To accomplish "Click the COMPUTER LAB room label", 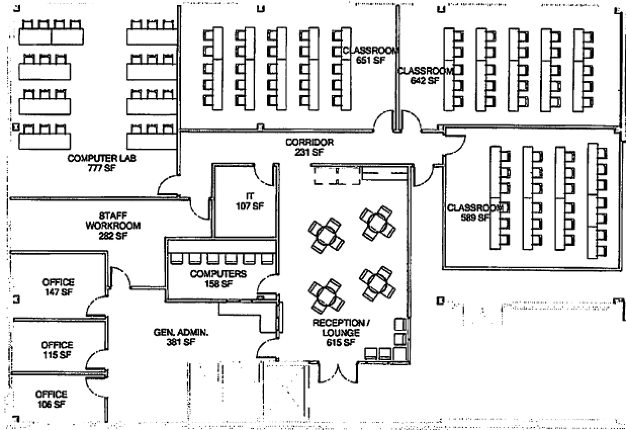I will point(102,158).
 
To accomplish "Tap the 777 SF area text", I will point(102,168).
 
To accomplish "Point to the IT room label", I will point(250,196).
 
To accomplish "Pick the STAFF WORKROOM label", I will point(113,221).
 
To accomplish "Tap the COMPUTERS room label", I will point(218,274).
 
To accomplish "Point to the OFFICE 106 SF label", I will point(51,399).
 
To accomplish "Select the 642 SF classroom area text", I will point(425,80).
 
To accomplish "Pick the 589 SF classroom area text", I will point(475,217).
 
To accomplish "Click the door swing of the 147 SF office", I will point(120,278).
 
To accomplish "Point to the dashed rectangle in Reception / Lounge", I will point(337,176).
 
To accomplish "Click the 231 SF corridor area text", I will point(309,152).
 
